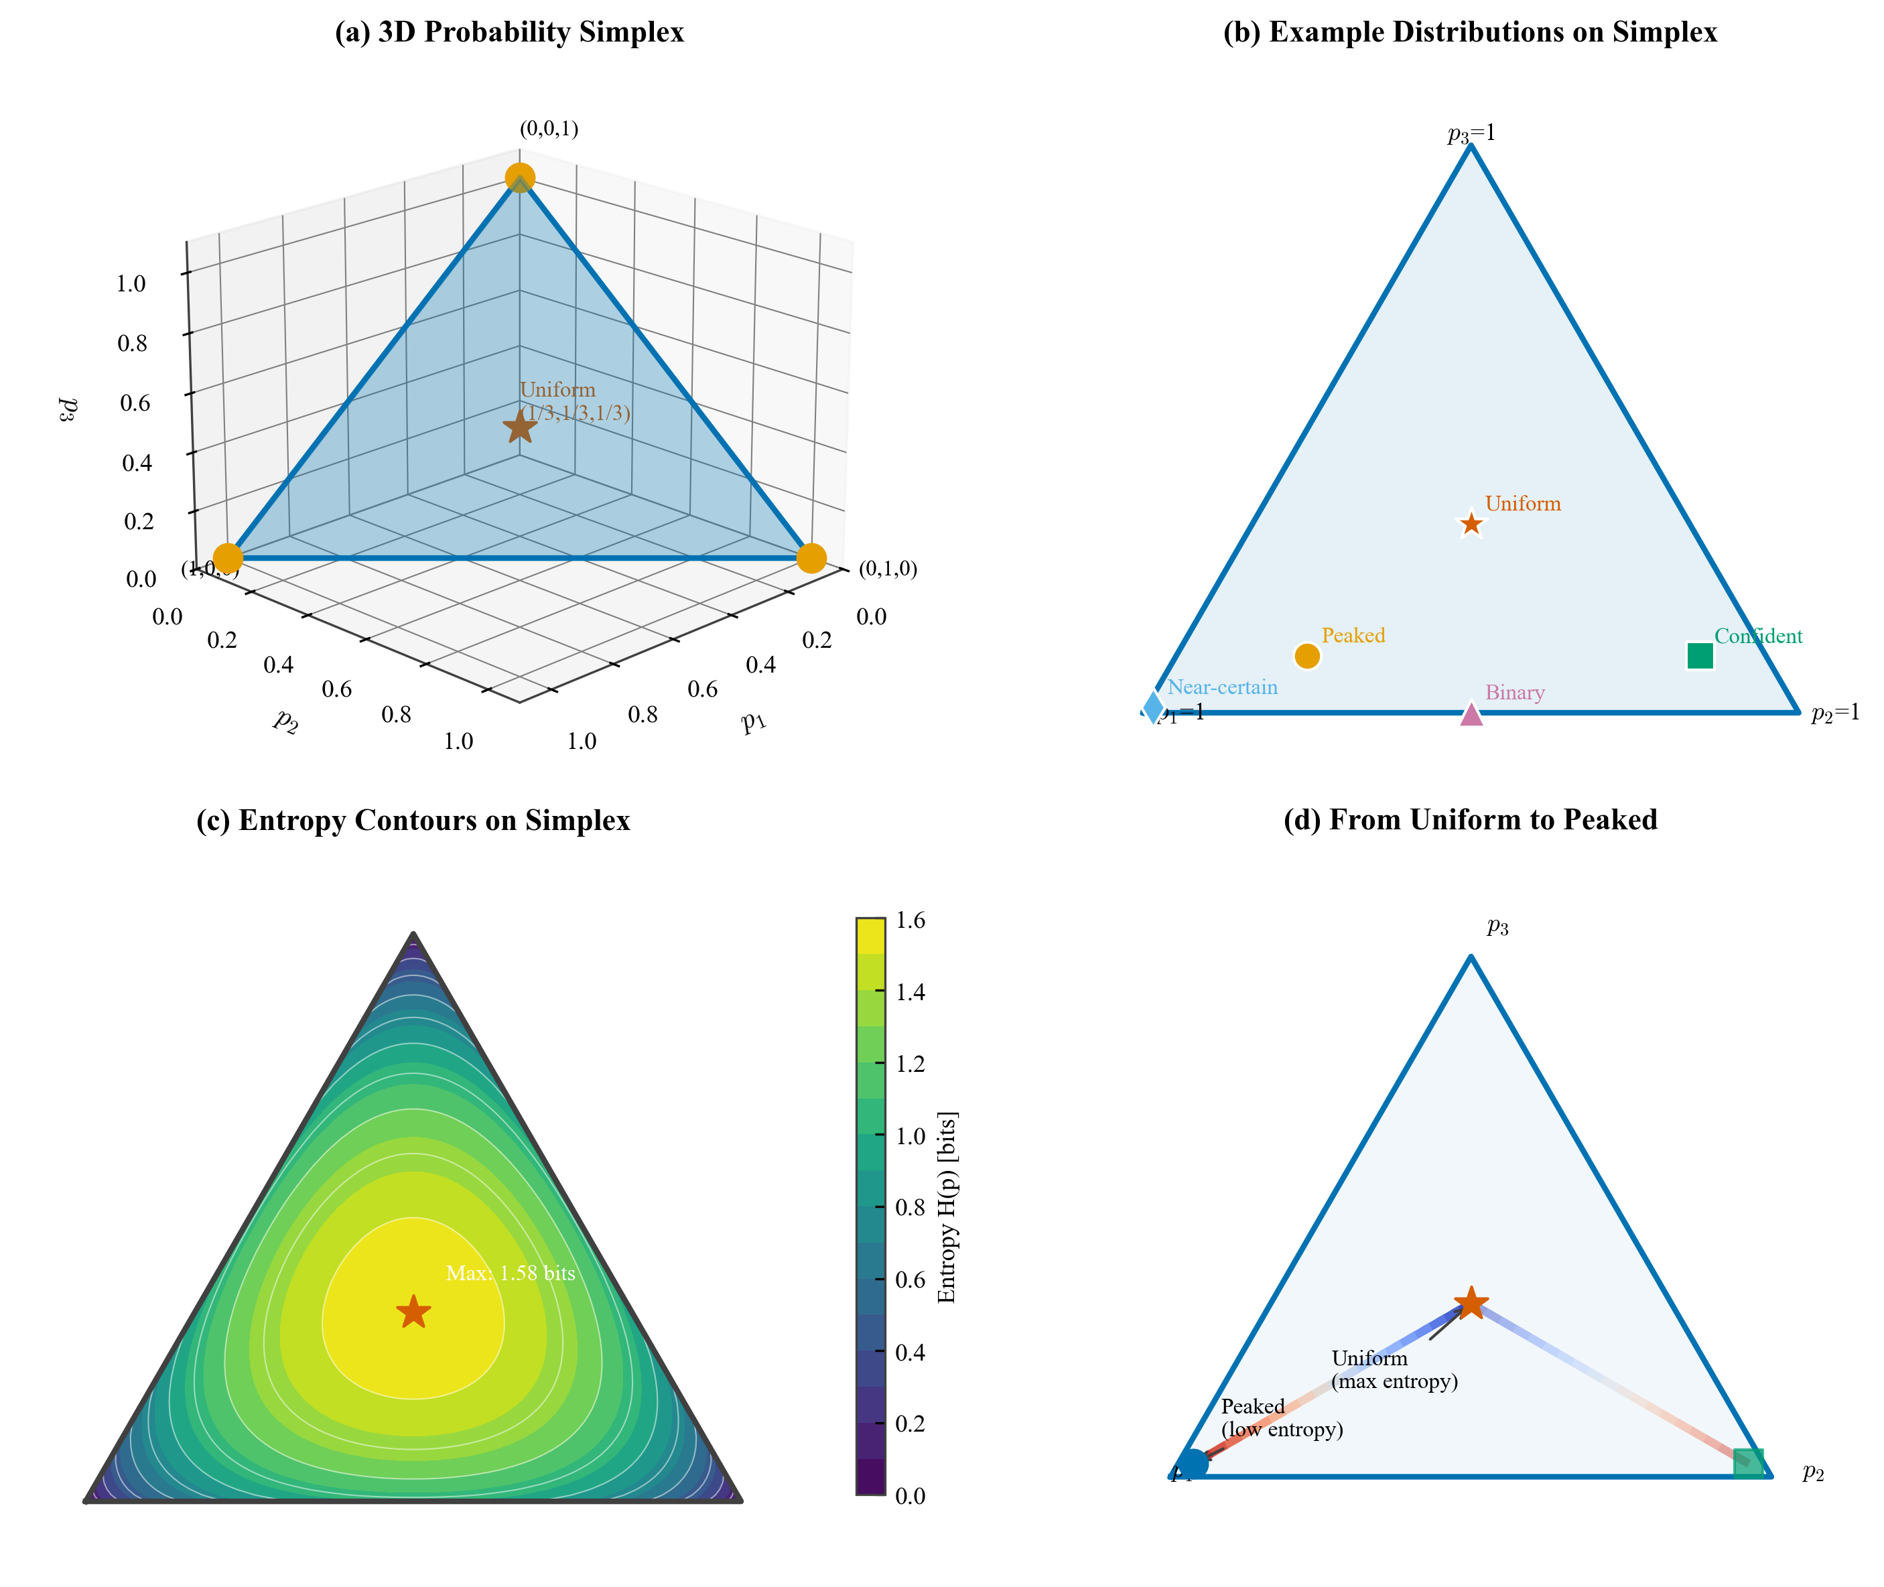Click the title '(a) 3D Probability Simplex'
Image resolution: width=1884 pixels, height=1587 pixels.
509,32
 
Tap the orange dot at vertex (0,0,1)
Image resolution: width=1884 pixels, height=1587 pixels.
519,178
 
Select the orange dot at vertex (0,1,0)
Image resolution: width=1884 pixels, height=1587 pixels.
811,558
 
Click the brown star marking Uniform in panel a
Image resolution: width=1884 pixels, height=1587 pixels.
520,427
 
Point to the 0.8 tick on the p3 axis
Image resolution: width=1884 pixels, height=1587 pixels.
132,343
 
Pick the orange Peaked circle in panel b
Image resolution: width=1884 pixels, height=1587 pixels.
1306,656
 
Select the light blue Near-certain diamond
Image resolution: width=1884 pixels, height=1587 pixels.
1152,707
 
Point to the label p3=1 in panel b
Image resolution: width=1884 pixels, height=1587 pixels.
1471,134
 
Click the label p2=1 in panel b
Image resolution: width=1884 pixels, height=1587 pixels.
1834,713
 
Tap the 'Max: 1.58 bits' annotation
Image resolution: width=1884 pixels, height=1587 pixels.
510,1273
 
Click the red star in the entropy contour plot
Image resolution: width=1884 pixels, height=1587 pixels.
413,1312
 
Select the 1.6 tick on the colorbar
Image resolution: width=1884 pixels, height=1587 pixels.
910,920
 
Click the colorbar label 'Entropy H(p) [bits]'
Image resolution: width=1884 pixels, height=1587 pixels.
947,1207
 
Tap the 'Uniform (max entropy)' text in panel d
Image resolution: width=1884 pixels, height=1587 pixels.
1394,1369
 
